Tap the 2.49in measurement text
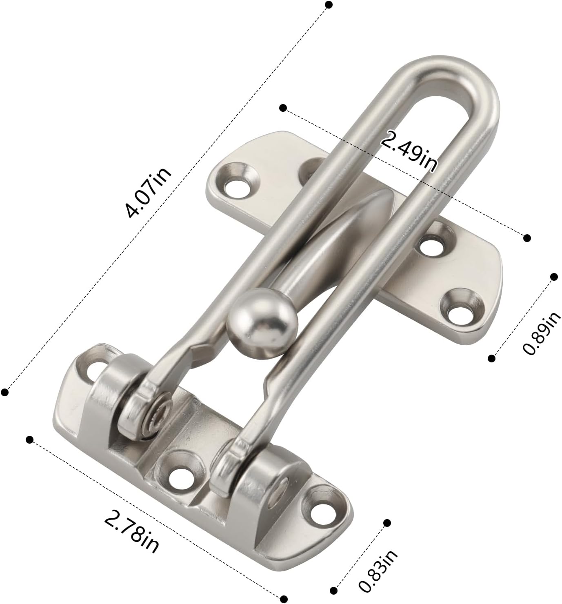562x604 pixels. (x=409, y=151)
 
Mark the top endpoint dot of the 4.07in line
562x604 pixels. (x=329, y=5)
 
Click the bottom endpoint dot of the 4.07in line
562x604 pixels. (x=5, y=392)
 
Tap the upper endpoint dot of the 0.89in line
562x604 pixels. (x=554, y=277)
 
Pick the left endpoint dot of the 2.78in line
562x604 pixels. (x=29, y=440)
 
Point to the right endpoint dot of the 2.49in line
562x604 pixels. (x=527, y=238)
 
